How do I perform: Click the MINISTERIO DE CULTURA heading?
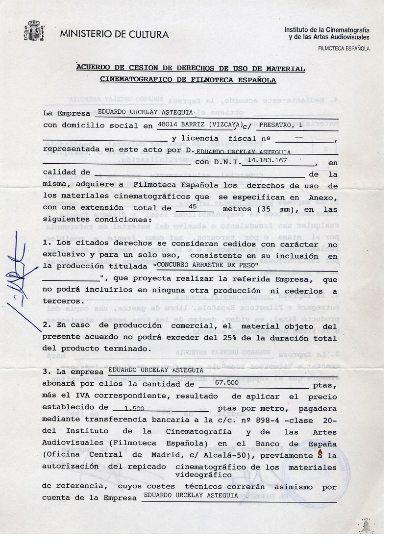pos(114,34)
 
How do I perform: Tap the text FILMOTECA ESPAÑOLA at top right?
pos(344,49)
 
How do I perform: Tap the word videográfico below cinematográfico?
pos(203,474)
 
